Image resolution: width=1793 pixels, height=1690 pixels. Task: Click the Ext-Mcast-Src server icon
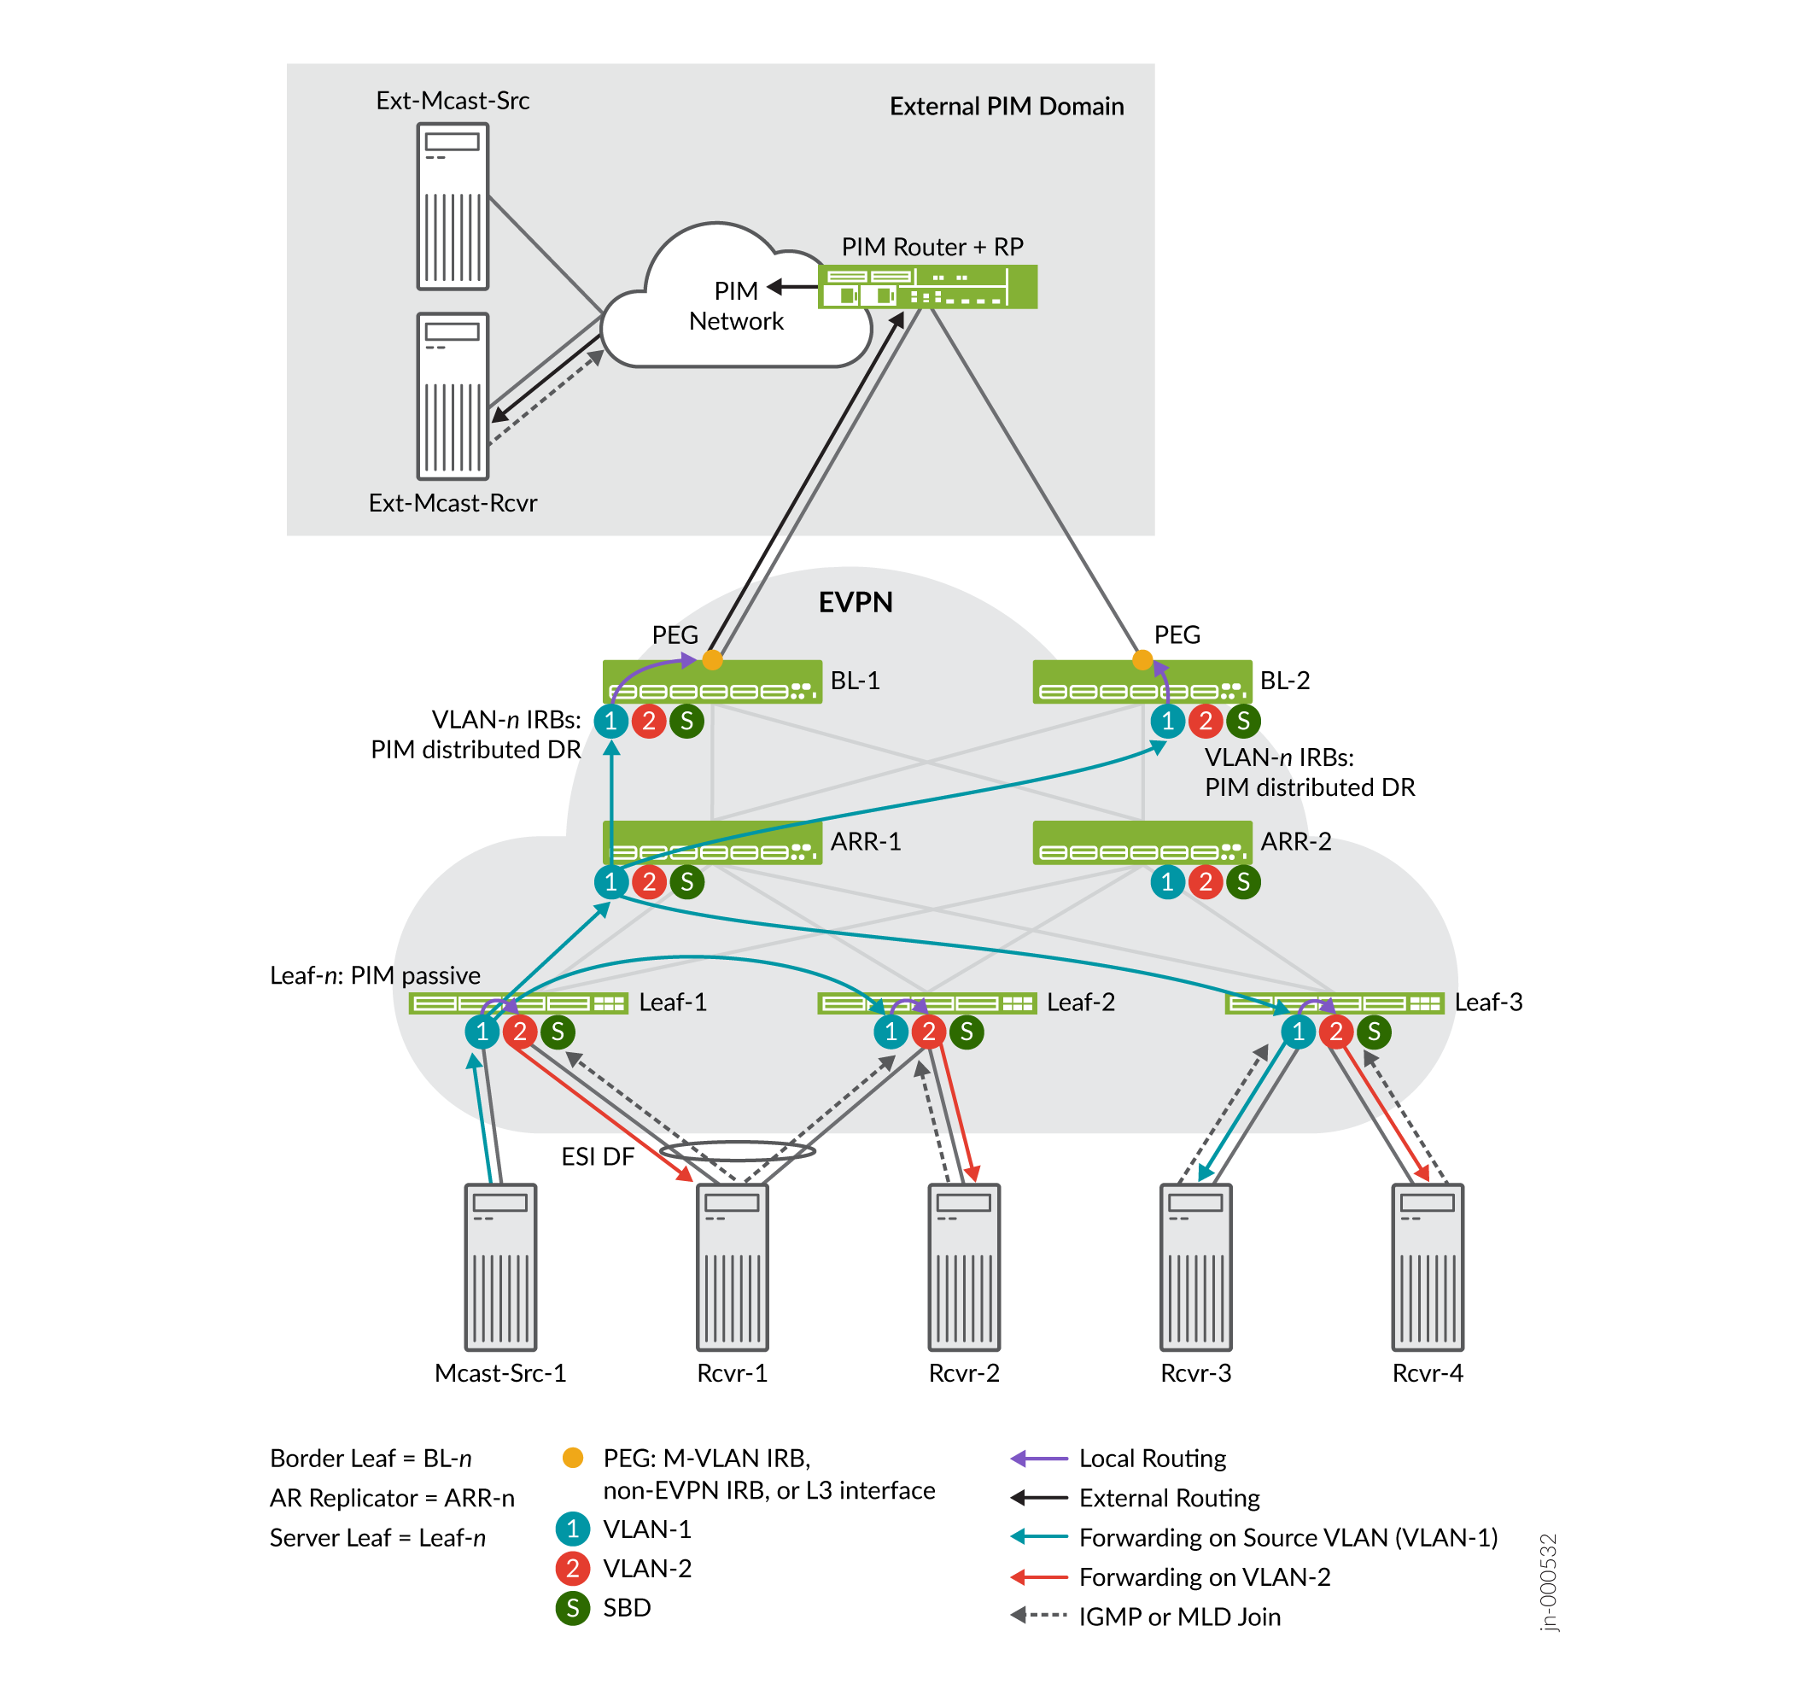(x=453, y=207)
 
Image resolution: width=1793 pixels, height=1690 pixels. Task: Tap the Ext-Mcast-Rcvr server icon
(x=453, y=396)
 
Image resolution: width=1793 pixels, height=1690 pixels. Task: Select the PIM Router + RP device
(x=927, y=287)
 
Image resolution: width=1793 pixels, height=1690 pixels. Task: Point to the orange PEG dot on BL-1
(x=713, y=660)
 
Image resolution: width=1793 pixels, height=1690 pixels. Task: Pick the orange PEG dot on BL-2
(x=1142, y=660)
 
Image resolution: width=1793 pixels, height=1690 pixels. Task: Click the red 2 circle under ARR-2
(x=1206, y=882)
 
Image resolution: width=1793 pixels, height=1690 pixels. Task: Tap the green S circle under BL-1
(x=687, y=721)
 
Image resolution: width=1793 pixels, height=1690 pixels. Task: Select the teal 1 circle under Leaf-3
(x=1299, y=1032)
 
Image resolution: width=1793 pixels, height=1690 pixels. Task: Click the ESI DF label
(x=598, y=1157)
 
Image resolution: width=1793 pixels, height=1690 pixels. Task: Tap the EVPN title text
(x=856, y=603)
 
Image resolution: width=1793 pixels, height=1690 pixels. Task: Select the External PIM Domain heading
(x=1007, y=107)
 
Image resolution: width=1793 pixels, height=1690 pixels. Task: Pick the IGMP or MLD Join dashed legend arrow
(x=1039, y=1616)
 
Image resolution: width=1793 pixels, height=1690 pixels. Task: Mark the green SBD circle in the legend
(x=573, y=1608)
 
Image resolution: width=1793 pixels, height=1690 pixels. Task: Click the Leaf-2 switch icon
(x=926, y=1003)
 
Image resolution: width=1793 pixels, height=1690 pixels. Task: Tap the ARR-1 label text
(x=866, y=842)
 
